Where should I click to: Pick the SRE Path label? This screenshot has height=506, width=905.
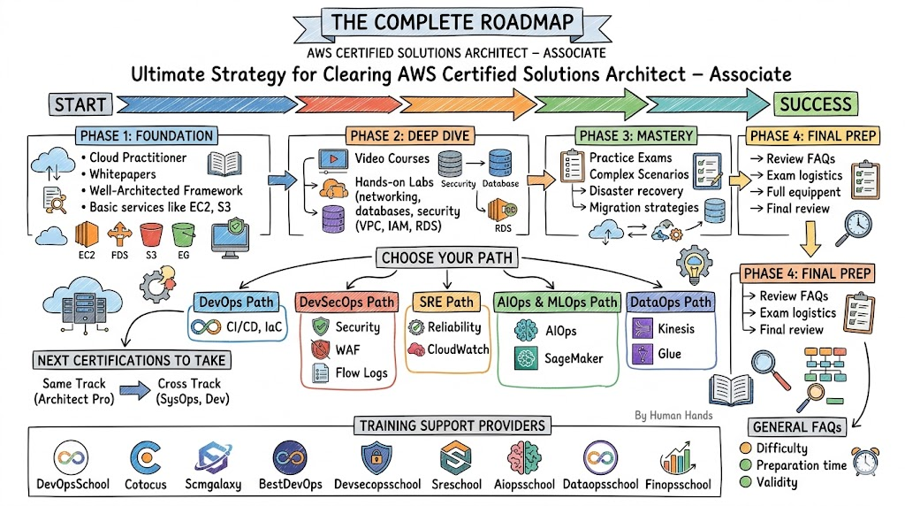[x=447, y=303]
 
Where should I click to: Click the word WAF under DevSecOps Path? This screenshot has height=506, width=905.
[x=347, y=350]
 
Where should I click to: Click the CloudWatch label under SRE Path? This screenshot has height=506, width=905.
[x=459, y=349]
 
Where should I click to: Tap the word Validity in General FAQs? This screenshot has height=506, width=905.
[x=777, y=483]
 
